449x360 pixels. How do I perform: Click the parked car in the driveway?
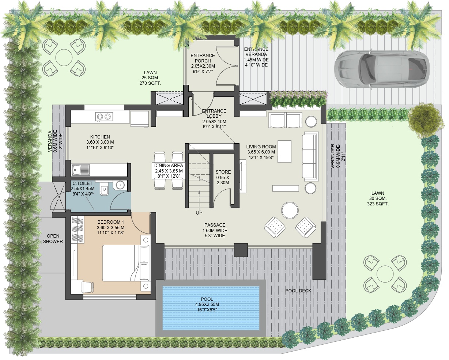(x=382, y=69)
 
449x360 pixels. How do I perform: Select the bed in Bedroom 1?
(x=121, y=263)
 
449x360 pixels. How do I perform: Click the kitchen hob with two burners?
(x=103, y=117)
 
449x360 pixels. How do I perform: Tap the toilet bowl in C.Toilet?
(x=104, y=189)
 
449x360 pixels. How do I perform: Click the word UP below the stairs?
(x=199, y=212)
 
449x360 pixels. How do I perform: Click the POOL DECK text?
(x=298, y=291)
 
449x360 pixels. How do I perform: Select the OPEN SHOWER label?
(x=53, y=239)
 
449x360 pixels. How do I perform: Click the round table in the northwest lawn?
(x=64, y=57)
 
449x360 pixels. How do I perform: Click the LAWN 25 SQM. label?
(x=150, y=78)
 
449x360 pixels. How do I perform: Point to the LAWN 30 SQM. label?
(x=378, y=198)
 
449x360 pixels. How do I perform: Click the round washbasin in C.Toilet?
(x=120, y=185)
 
